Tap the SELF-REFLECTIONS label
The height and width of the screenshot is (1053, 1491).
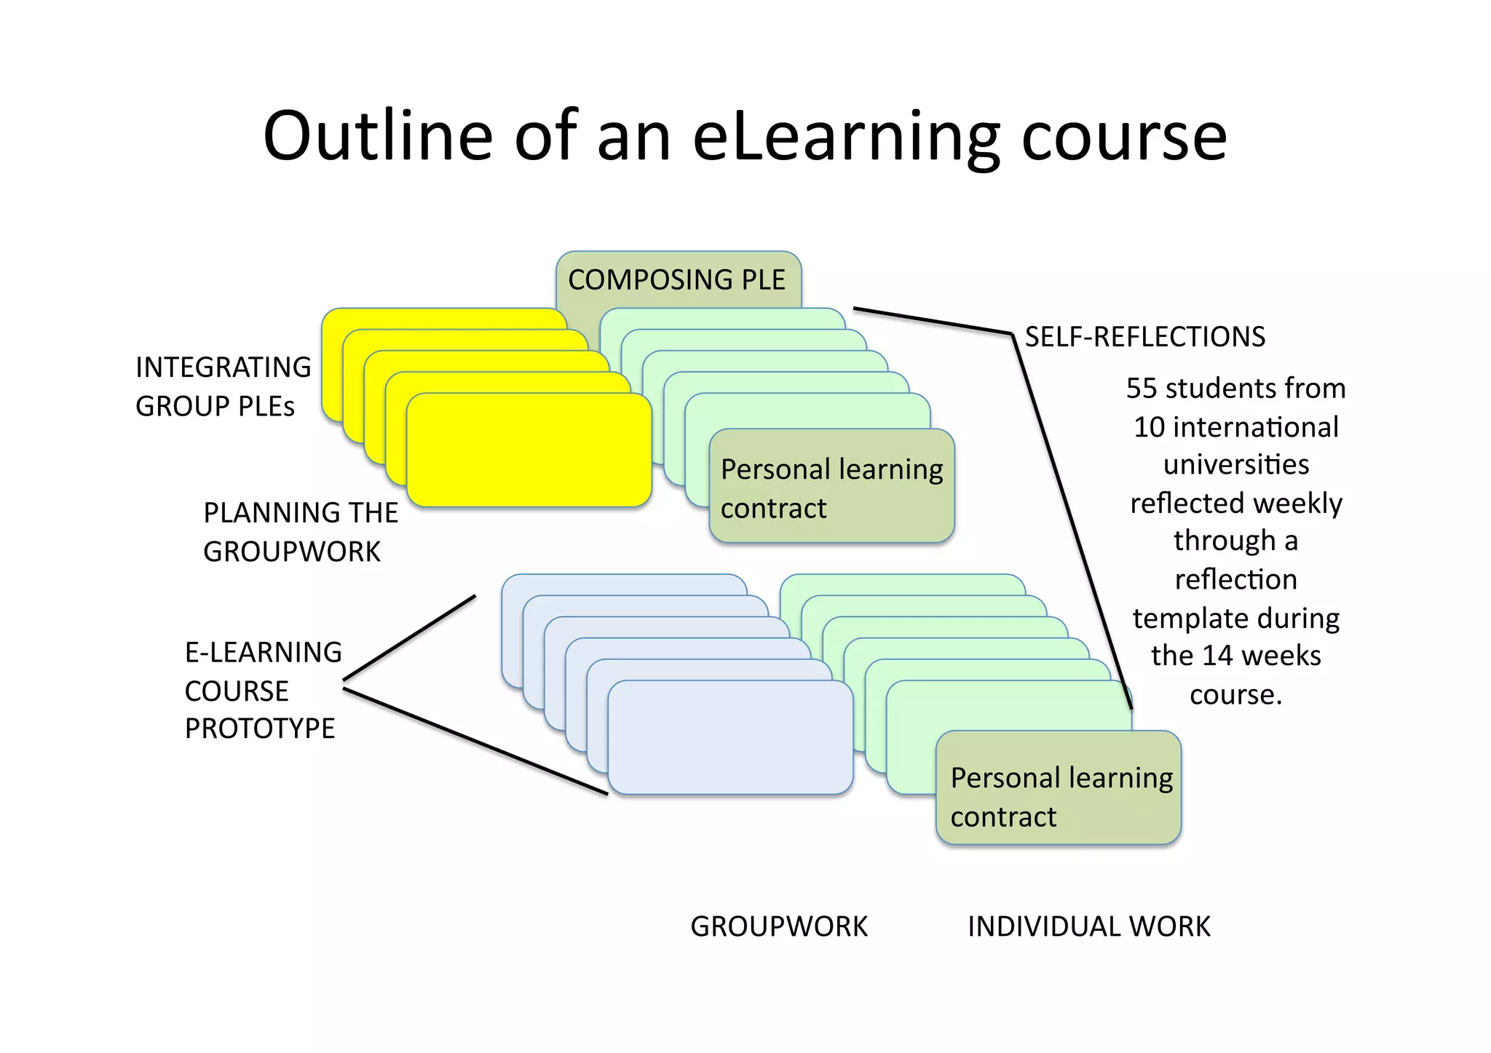1144,337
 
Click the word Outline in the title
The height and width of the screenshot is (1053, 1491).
378,136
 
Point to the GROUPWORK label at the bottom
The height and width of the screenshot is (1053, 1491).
779,926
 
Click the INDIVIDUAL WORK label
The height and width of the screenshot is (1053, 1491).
1088,926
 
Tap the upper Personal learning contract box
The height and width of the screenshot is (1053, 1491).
831,487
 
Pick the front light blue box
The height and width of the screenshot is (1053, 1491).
730,737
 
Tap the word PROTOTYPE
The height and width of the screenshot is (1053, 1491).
260,728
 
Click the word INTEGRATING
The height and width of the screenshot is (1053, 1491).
224,367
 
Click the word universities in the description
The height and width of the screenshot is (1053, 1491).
1236,464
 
